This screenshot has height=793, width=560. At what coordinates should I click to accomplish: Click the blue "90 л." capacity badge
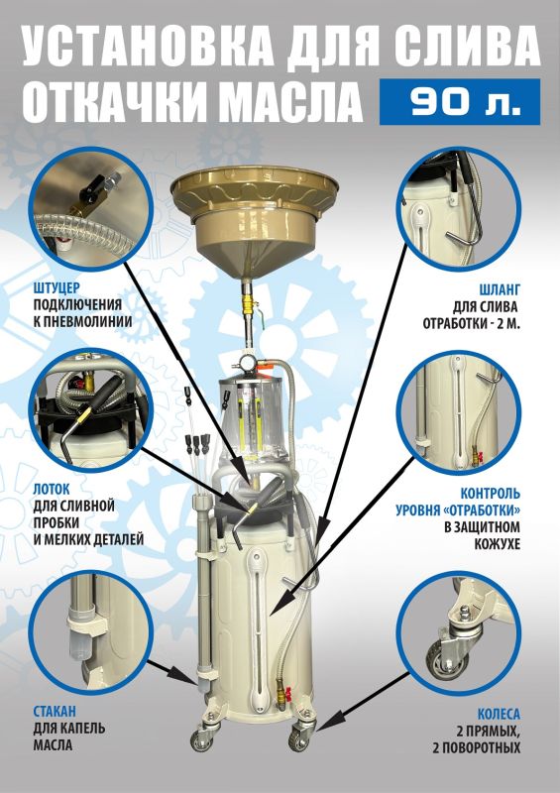460,101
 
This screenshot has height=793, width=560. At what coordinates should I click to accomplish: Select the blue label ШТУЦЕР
56,288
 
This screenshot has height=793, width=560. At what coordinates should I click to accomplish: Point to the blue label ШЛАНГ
500,289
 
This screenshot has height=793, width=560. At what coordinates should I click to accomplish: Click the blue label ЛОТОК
52,490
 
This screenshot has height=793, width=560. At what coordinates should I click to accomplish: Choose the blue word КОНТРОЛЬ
491,493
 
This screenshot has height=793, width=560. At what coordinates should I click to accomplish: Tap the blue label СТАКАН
55,712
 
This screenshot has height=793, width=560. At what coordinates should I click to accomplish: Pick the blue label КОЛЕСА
499,714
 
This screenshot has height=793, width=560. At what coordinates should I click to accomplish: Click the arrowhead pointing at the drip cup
188,677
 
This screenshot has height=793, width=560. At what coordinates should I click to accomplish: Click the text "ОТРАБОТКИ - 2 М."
472,323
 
